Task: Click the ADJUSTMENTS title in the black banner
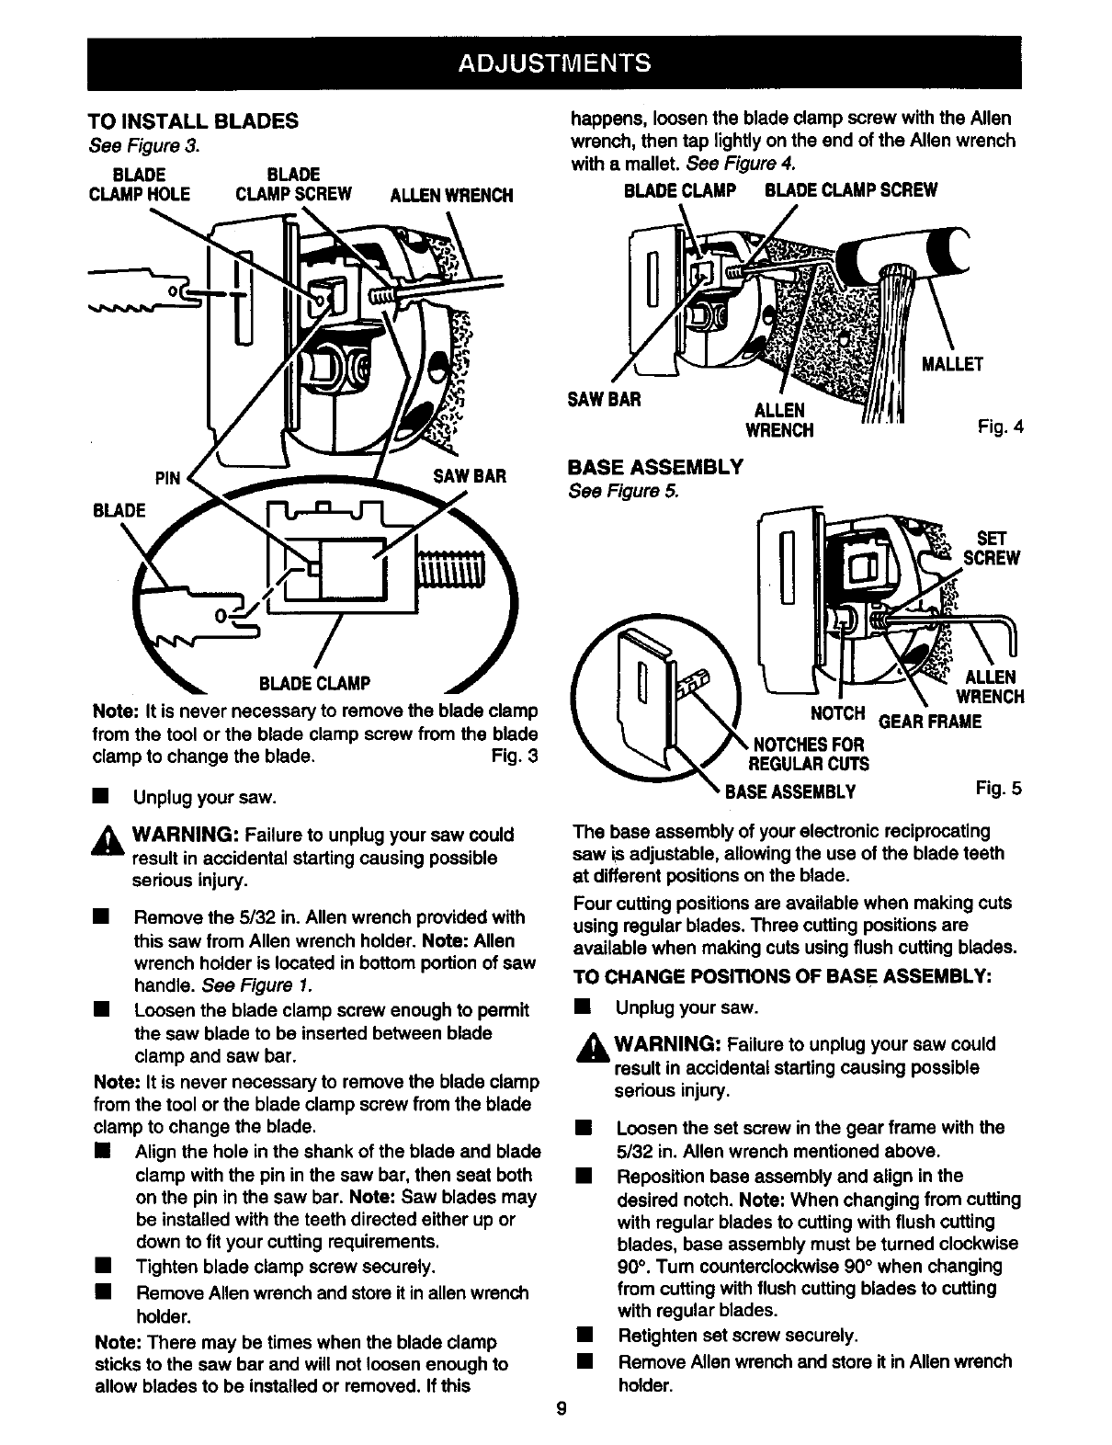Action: pyautogui.click(x=554, y=63)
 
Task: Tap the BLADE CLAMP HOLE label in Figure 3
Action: pyautogui.click(x=138, y=185)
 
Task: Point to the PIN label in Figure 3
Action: pyautogui.click(x=168, y=477)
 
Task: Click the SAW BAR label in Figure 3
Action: pyautogui.click(x=470, y=476)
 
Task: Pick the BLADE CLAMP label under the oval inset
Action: pyautogui.click(x=315, y=683)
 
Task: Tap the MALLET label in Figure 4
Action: pyautogui.click(x=952, y=363)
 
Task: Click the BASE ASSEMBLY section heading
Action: pyautogui.click(x=655, y=467)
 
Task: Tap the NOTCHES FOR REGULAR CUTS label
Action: pyautogui.click(x=810, y=754)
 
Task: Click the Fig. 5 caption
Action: pyautogui.click(x=1000, y=788)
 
